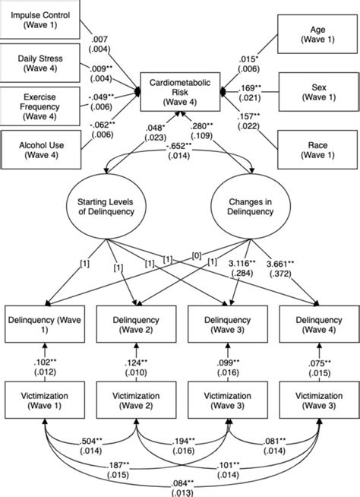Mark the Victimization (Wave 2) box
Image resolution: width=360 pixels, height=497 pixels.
pyautogui.click(x=137, y=400)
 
